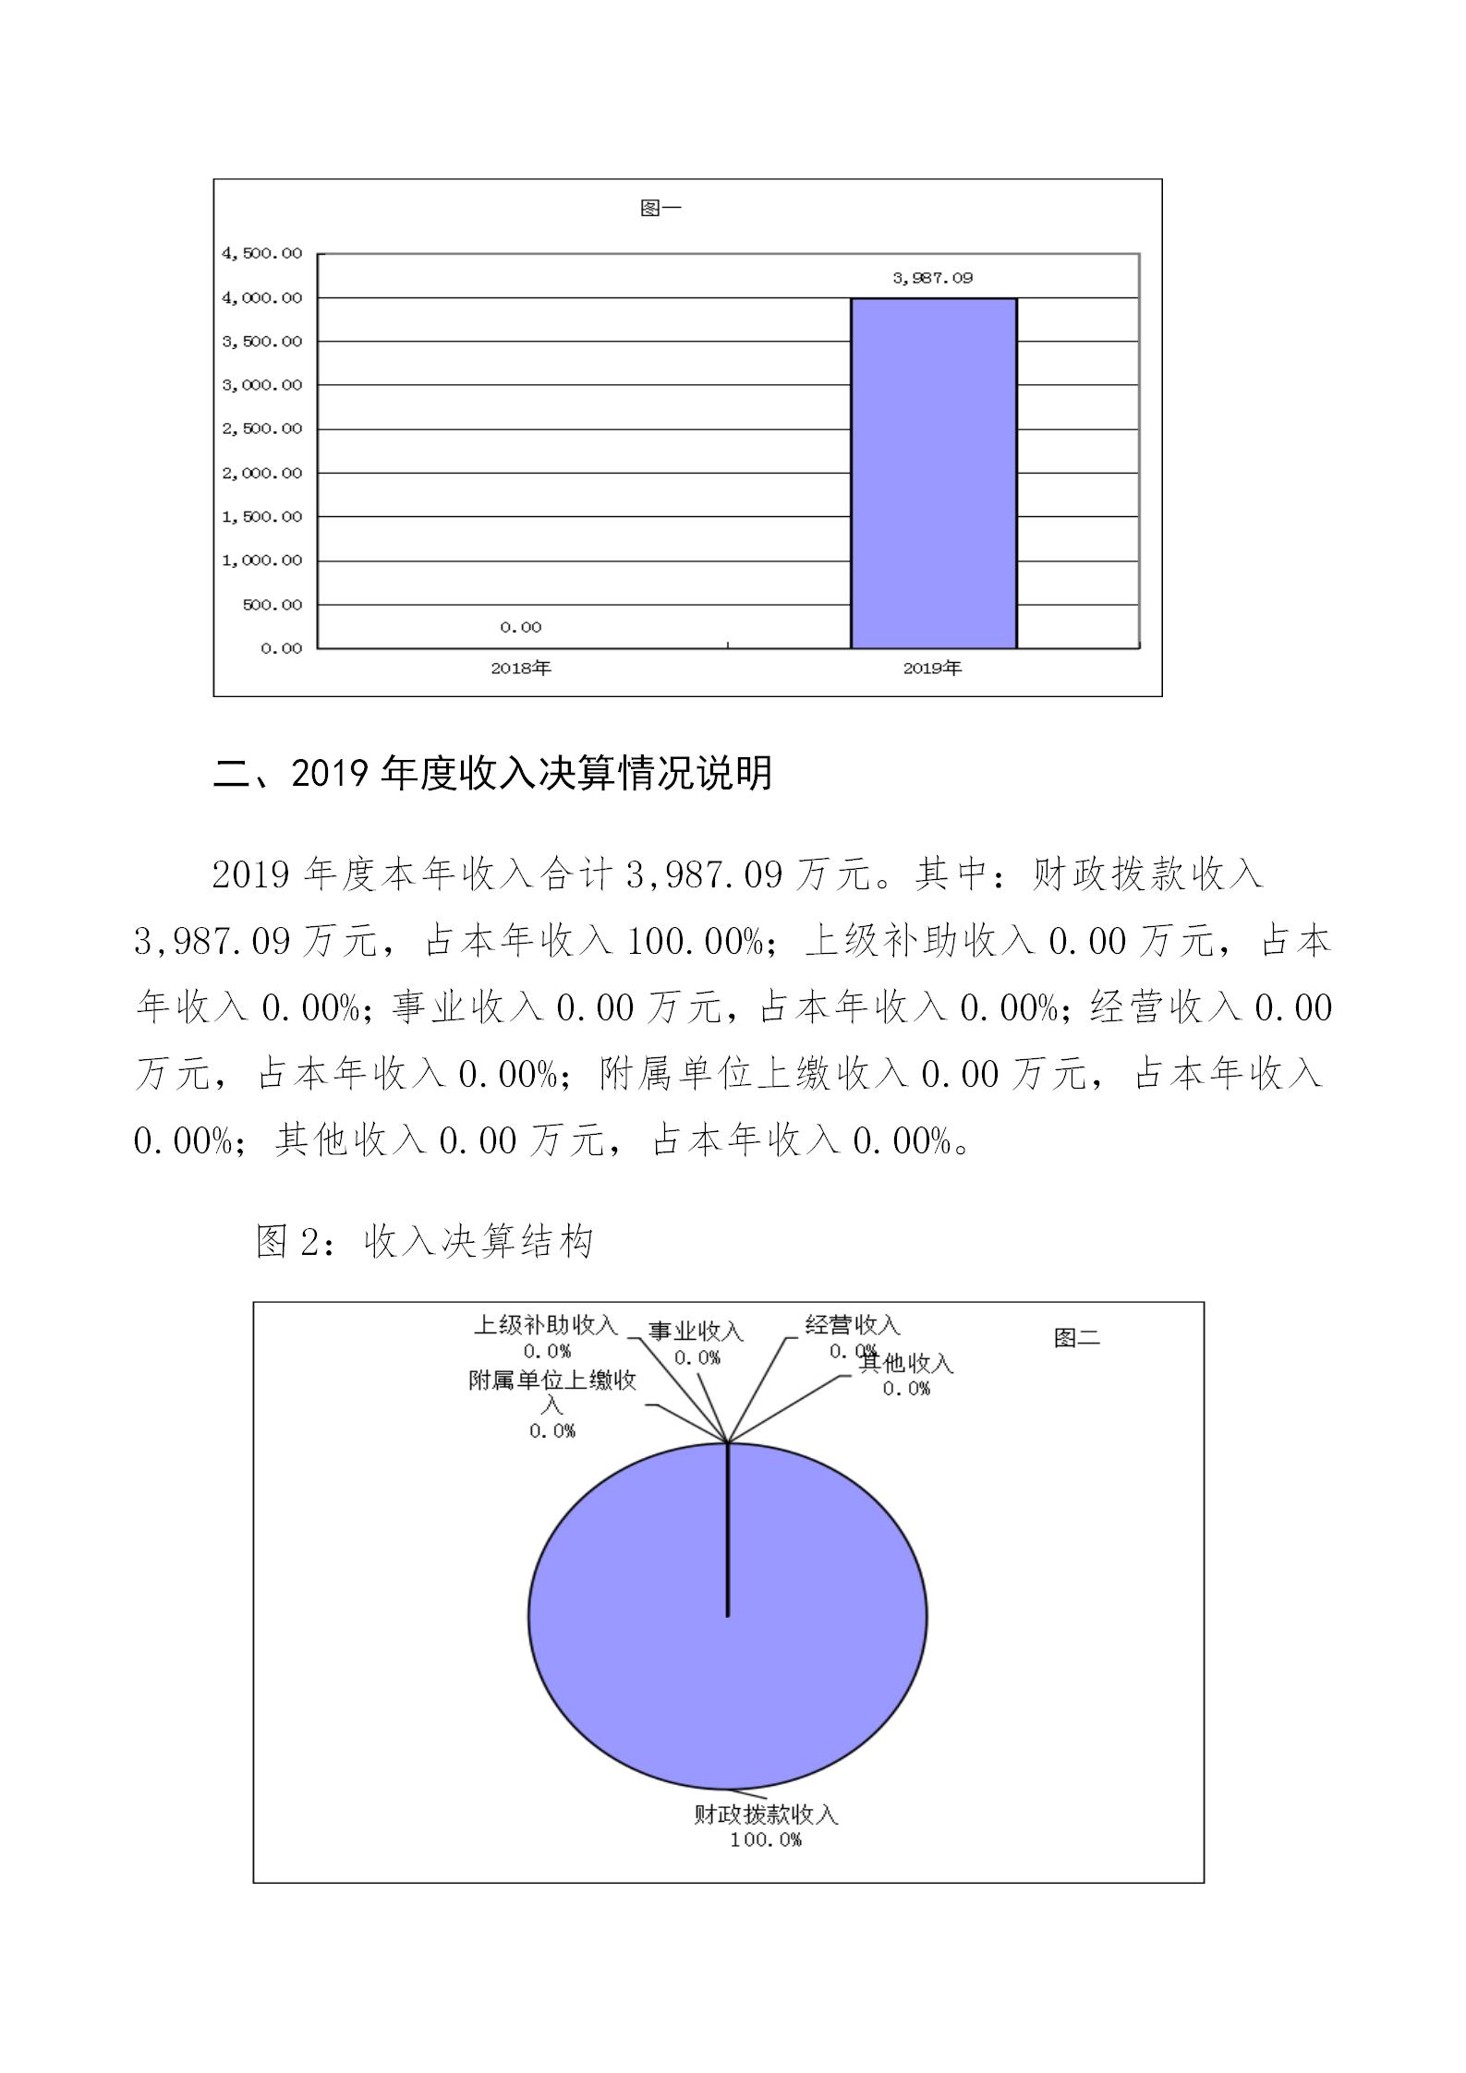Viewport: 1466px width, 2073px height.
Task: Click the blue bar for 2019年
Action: point(933,473)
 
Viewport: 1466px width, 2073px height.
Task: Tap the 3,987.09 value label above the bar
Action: point(932,277)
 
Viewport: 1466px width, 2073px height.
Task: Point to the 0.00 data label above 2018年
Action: point(521,627)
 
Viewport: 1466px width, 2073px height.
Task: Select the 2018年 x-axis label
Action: point(521,668)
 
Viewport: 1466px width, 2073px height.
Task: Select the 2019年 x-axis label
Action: point(932,668)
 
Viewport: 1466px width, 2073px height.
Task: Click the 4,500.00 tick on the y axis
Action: point(262,253)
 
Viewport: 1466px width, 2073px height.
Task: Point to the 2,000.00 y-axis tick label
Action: point(262,473)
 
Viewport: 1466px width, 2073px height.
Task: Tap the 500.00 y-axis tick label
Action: point(273,605)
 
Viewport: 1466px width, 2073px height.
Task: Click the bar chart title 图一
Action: point(660,209)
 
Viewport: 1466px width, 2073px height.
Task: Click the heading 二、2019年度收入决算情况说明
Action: point(492,773)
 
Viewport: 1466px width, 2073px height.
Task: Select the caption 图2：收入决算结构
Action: point(424,1242)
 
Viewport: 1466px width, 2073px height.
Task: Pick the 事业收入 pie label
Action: point(696,1332)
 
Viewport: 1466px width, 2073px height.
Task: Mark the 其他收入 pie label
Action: point(906,1363)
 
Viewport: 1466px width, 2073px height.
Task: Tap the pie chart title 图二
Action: point(1077,1338)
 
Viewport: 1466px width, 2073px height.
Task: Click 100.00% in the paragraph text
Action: point(696,942)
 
